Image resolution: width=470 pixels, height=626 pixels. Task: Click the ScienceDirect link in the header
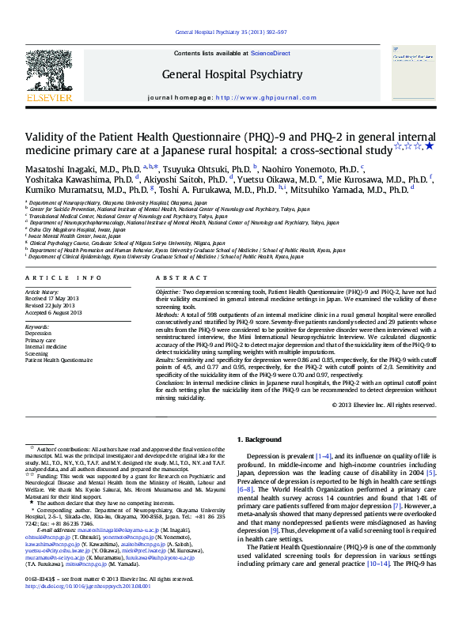point(269,53)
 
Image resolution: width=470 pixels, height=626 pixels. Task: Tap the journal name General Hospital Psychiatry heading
point(232,75)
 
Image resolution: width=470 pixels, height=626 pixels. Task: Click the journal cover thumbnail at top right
point(412,72)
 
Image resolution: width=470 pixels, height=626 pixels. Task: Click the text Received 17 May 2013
point(55,300)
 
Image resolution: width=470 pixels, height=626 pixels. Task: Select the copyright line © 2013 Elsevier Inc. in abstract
point(383,405)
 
